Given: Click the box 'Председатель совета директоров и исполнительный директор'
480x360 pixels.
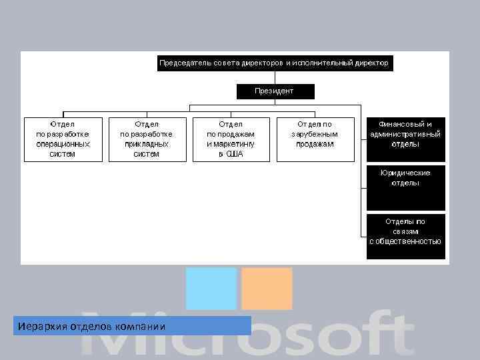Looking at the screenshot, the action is pyautogui.click(x=273, y=63).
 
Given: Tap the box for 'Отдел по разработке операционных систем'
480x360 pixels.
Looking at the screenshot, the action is pyautogui.click(x=63, y=139).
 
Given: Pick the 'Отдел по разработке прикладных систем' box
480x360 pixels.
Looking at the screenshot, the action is pyautogui.click(x=147, y=139).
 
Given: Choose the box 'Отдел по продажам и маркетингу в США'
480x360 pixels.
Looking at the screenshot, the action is pyautogui.click(x=231, y=139).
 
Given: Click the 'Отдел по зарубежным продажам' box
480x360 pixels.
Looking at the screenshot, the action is pyautogui.click(x=315, y=139).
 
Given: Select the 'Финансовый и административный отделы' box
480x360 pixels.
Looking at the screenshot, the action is pyautogui.click(x=405, y=139).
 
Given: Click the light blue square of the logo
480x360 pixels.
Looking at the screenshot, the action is pyautogui.click(x=211, y=288).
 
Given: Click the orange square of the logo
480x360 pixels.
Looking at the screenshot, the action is pyautogui.click(x=267, y=288).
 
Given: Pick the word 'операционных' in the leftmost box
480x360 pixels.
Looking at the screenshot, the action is pyautogui.click(x=63, y=144).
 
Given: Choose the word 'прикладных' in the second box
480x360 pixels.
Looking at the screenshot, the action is pyautogui.click(x=147, y=144).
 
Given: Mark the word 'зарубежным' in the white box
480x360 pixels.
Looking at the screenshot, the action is pyautogui.click(x=315, y=134).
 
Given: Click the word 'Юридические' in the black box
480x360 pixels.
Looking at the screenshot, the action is pyautogui.click(x=405, y=173).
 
